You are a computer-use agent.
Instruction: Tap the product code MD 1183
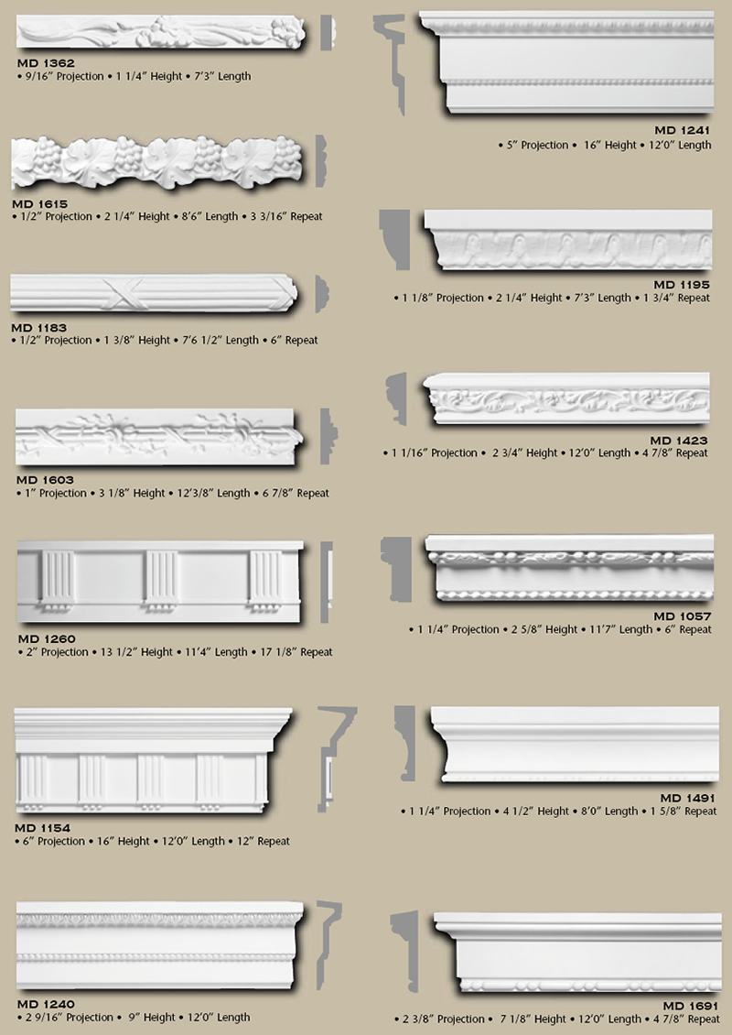38,327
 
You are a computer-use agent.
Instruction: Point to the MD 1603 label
44,479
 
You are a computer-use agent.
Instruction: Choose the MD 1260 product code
46,638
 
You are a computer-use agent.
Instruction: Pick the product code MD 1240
45,1003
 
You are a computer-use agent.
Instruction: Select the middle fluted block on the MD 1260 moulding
160,580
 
